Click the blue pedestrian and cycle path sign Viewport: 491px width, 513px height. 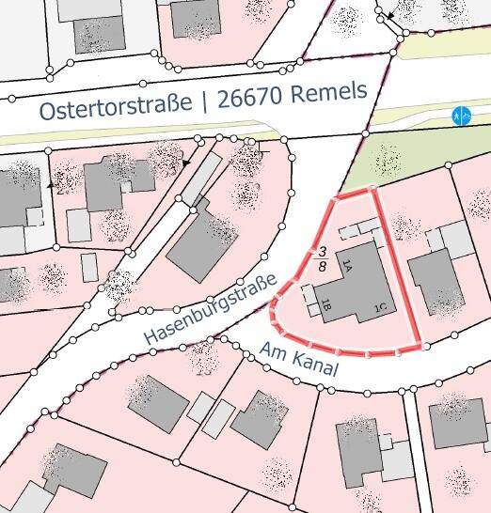(x=459, y=116)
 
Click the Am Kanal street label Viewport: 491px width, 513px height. (x=297, y=362)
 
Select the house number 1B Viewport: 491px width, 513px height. (x=325, y=304)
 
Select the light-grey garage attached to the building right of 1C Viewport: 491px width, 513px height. (x=457, y=241)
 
